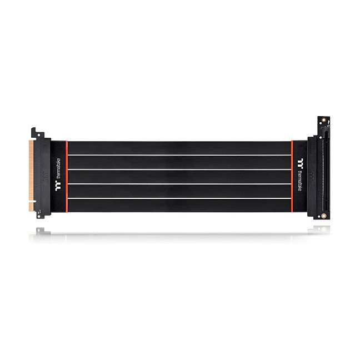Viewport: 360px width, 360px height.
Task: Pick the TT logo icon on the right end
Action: (x=301, y=162)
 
